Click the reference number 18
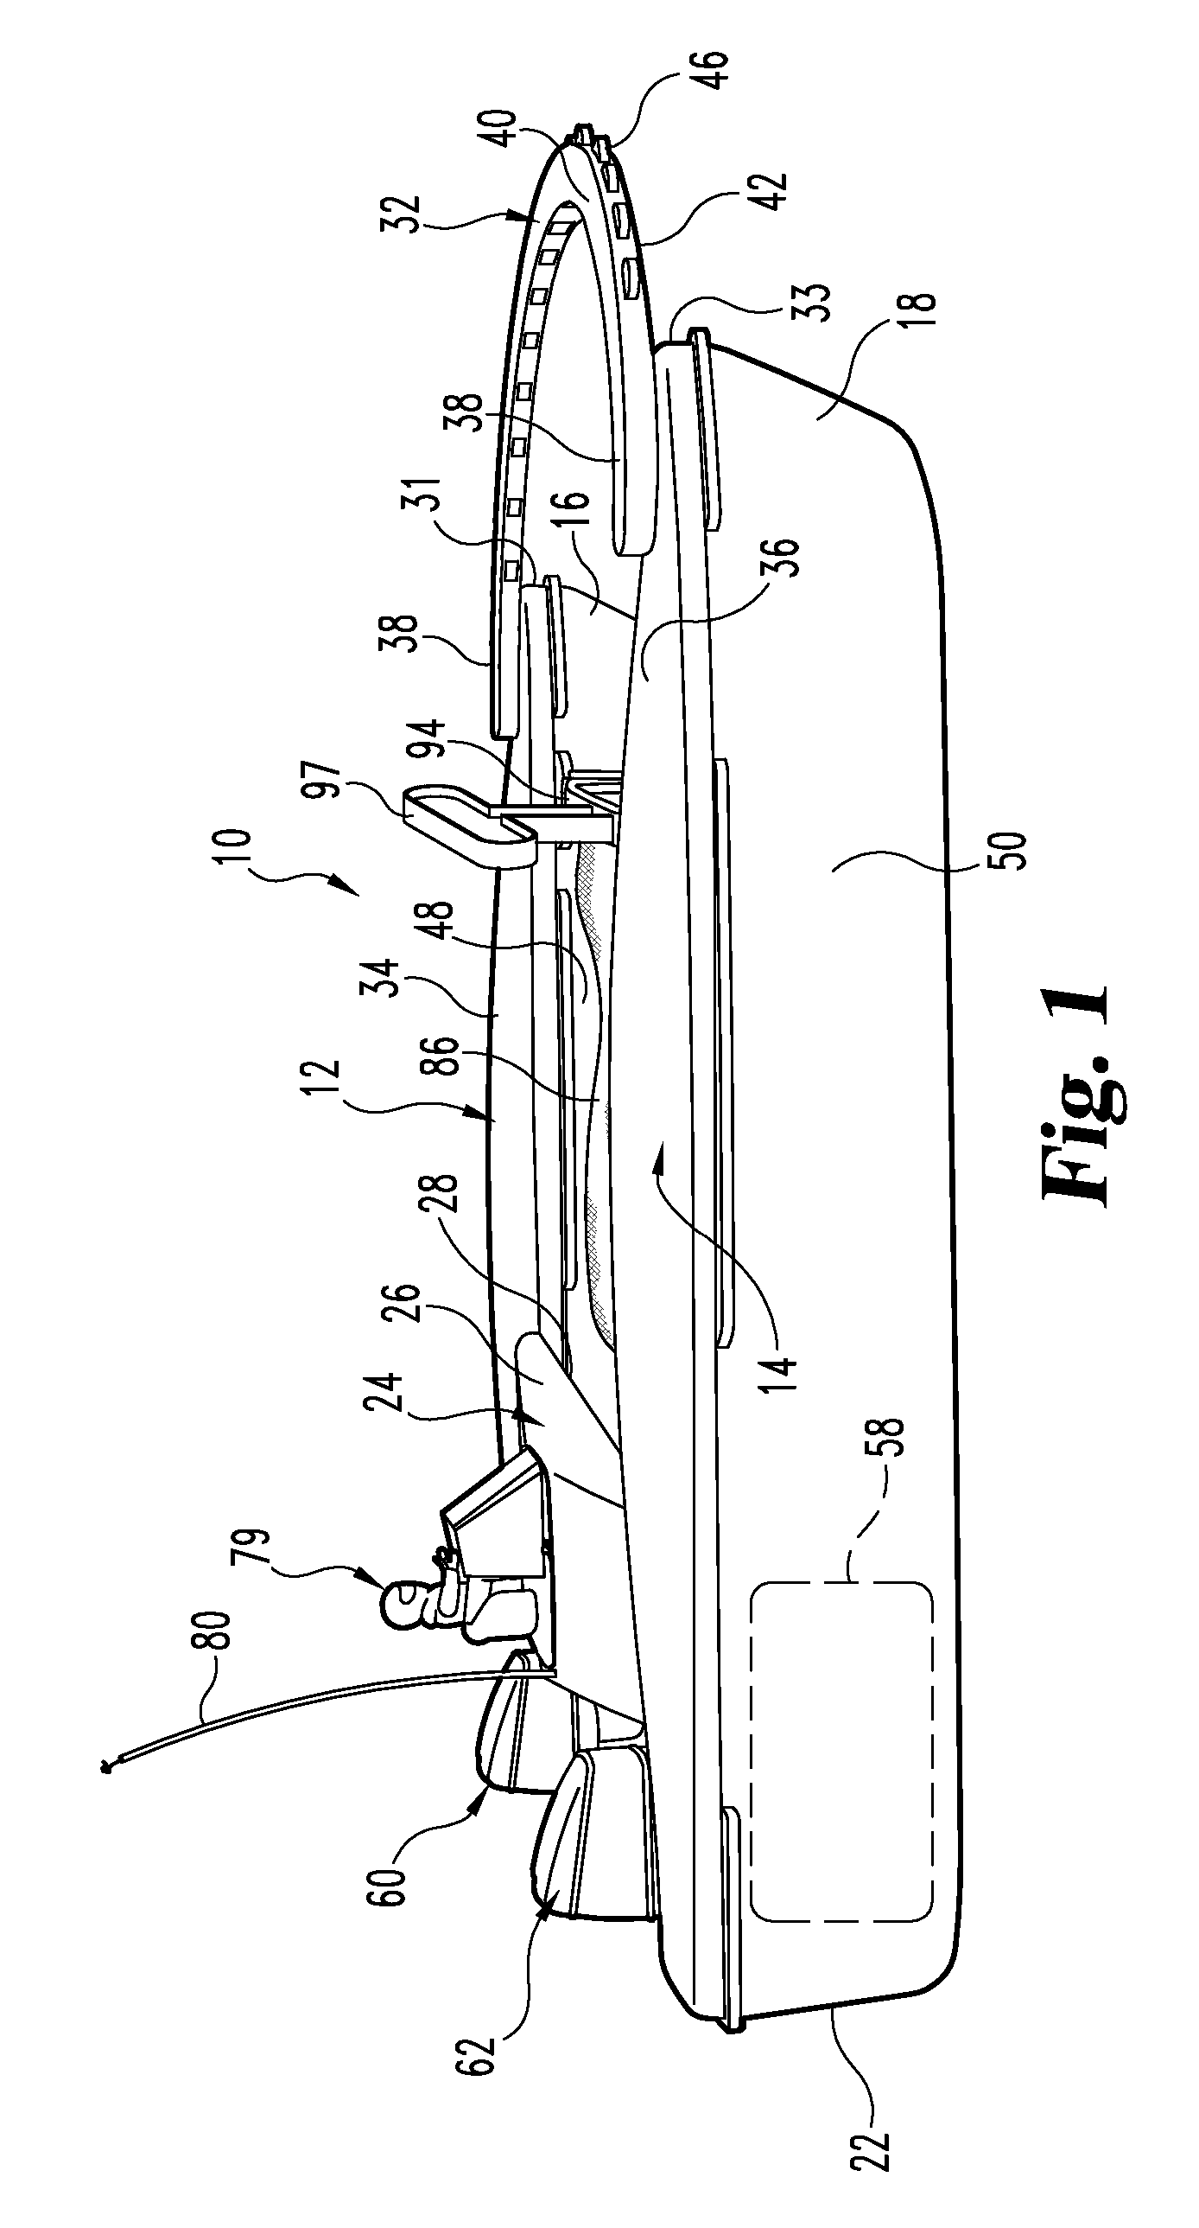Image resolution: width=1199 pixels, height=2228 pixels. (921, 314)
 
